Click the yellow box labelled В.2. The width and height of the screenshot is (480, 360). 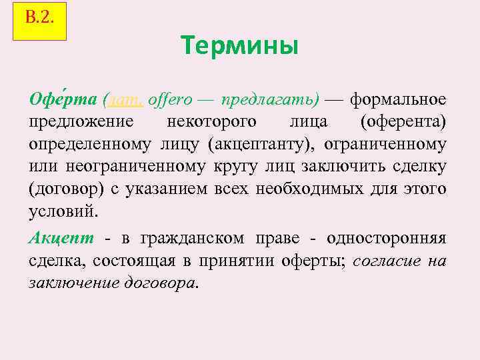point(40,21)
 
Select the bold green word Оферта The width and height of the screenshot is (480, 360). point(64,99)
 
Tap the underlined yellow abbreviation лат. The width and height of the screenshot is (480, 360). point(125,100)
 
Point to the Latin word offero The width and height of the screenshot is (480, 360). point(170,100)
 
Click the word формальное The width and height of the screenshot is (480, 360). point(398,100)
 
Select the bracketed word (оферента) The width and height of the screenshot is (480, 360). point(403,123)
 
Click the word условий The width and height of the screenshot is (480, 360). point(63,212)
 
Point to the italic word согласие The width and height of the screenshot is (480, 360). point(383,261)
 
